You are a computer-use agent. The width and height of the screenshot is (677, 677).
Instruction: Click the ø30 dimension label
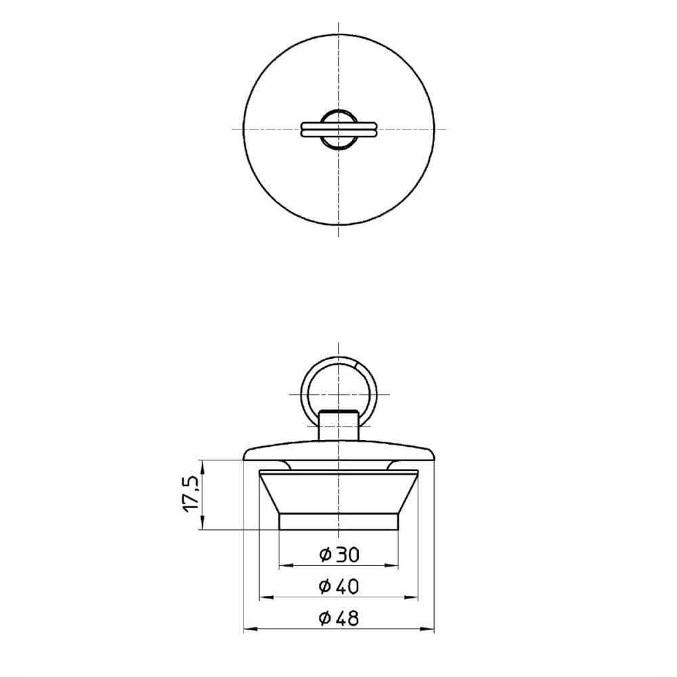(x=339, y=554)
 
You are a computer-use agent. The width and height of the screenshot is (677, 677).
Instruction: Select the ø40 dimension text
(x=339, y=586)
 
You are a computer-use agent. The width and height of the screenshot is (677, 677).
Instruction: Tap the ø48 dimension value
(x=339, y=618)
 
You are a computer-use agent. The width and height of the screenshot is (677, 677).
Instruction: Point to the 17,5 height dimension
(x=192, y=494)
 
